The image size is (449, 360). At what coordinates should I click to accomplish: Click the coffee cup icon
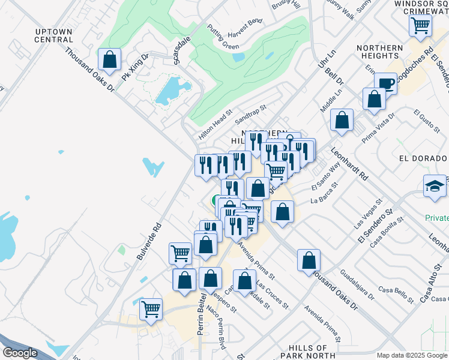[x=385, y=83]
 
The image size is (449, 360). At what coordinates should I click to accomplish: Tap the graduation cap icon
[x=435, y=185]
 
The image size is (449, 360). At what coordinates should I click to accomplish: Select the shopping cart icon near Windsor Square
[x=420, y=25]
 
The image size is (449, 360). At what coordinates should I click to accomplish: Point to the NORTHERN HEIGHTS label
[x=379, y=53]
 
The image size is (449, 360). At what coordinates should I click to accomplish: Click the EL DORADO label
[x=423, y=158]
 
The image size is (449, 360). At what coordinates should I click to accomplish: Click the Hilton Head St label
[x=215, y=125]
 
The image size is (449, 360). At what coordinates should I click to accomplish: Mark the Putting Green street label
[x=223, y=37]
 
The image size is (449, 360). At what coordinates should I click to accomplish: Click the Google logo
[x=20, y=352]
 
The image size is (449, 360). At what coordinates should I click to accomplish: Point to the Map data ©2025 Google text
[x=412, y=355]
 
